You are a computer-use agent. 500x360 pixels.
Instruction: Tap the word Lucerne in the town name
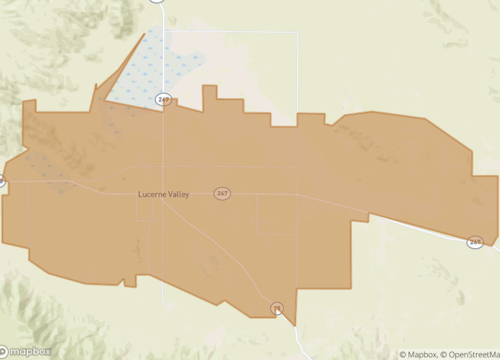152,194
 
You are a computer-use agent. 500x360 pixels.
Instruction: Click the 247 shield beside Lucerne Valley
222,193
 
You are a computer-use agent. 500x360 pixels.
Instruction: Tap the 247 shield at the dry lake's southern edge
164,98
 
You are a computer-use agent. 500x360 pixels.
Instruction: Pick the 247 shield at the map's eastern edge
475,241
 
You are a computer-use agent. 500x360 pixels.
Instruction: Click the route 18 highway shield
277,307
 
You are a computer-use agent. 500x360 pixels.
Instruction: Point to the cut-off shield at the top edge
157,2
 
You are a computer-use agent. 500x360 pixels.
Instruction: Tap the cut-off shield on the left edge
2,182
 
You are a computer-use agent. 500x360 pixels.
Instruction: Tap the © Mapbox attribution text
420,354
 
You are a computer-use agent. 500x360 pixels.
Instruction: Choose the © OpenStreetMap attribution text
471,354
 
